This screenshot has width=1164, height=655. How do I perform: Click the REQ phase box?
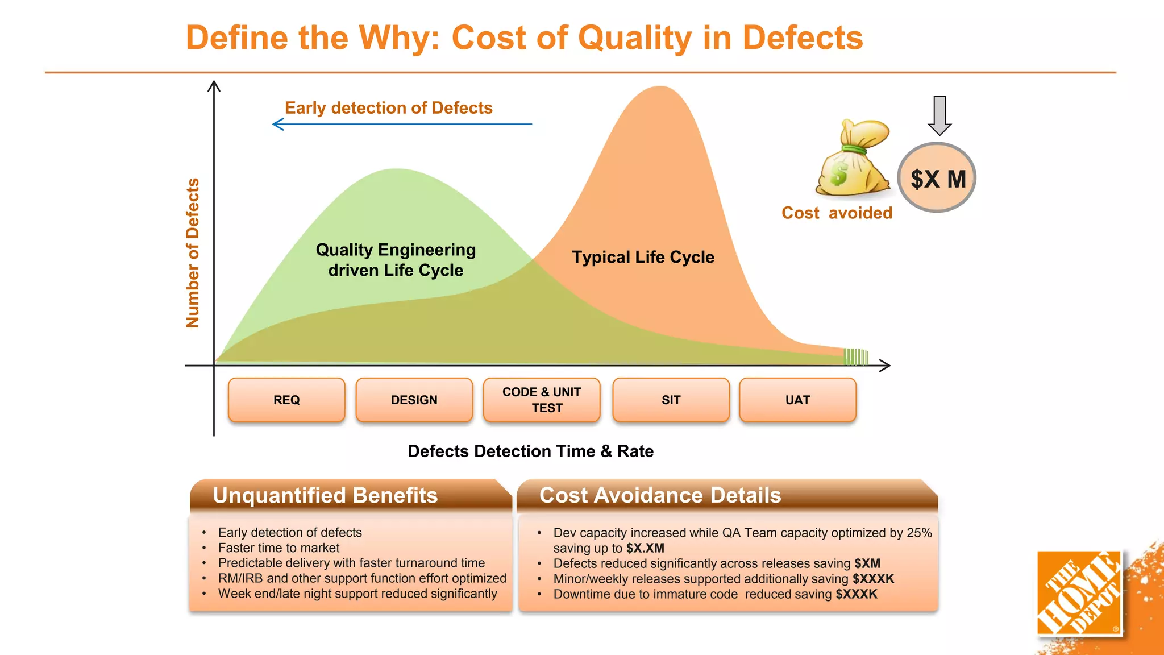tap(286, 400)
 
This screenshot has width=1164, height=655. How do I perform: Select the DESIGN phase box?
tap(414, 400)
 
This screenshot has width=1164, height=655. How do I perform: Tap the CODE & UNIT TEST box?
tap(542, 400)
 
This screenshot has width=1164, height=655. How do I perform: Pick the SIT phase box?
tap(671, 400)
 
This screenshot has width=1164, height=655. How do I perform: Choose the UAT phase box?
tap(797, 400)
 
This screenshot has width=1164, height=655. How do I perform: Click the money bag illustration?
tap(853, 159)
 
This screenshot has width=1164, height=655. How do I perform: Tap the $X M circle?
tap(937, 178)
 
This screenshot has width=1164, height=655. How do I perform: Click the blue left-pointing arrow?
tap(401, 124)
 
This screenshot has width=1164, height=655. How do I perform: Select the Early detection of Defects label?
tap(388, 108)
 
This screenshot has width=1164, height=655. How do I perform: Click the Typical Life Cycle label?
tap(643, 257)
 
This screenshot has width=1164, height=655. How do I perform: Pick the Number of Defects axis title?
tap(193, 253)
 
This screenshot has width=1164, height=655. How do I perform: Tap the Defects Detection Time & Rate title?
tap(530, 451)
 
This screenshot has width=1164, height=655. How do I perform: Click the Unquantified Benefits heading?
tap(325, 495)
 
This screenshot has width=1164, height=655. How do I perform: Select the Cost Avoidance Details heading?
tap(660, 495)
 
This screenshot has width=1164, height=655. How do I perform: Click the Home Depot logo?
tap(1079, 592)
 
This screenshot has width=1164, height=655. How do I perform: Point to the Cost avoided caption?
tap(837, 213)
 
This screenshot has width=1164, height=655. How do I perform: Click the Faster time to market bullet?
tap(278, 548)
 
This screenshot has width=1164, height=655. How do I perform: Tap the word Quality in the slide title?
tap(635, 38)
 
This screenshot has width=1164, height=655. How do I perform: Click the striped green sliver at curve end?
tap(856, 356)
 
